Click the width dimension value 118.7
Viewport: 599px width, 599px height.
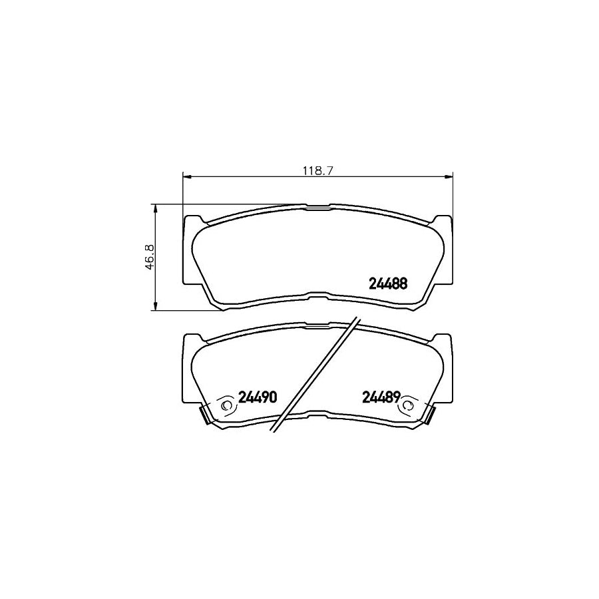tap(317, 170)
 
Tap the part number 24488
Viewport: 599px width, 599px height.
tap(388, 282)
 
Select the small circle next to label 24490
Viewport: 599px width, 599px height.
tap(225, 403)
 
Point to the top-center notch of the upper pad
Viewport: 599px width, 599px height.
tap(317, 208)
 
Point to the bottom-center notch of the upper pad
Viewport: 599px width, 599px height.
tap(317, 297)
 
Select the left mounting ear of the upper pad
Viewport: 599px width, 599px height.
tap(189, 250)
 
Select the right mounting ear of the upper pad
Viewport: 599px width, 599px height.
tap(445, 250)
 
